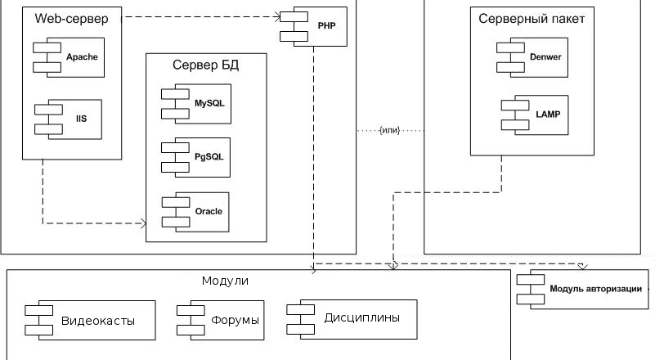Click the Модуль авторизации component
point(587,288)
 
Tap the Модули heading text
point(225,281)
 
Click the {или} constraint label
point(389,131)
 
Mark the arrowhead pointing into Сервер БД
point(142,223)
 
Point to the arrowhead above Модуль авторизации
point(582,266)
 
